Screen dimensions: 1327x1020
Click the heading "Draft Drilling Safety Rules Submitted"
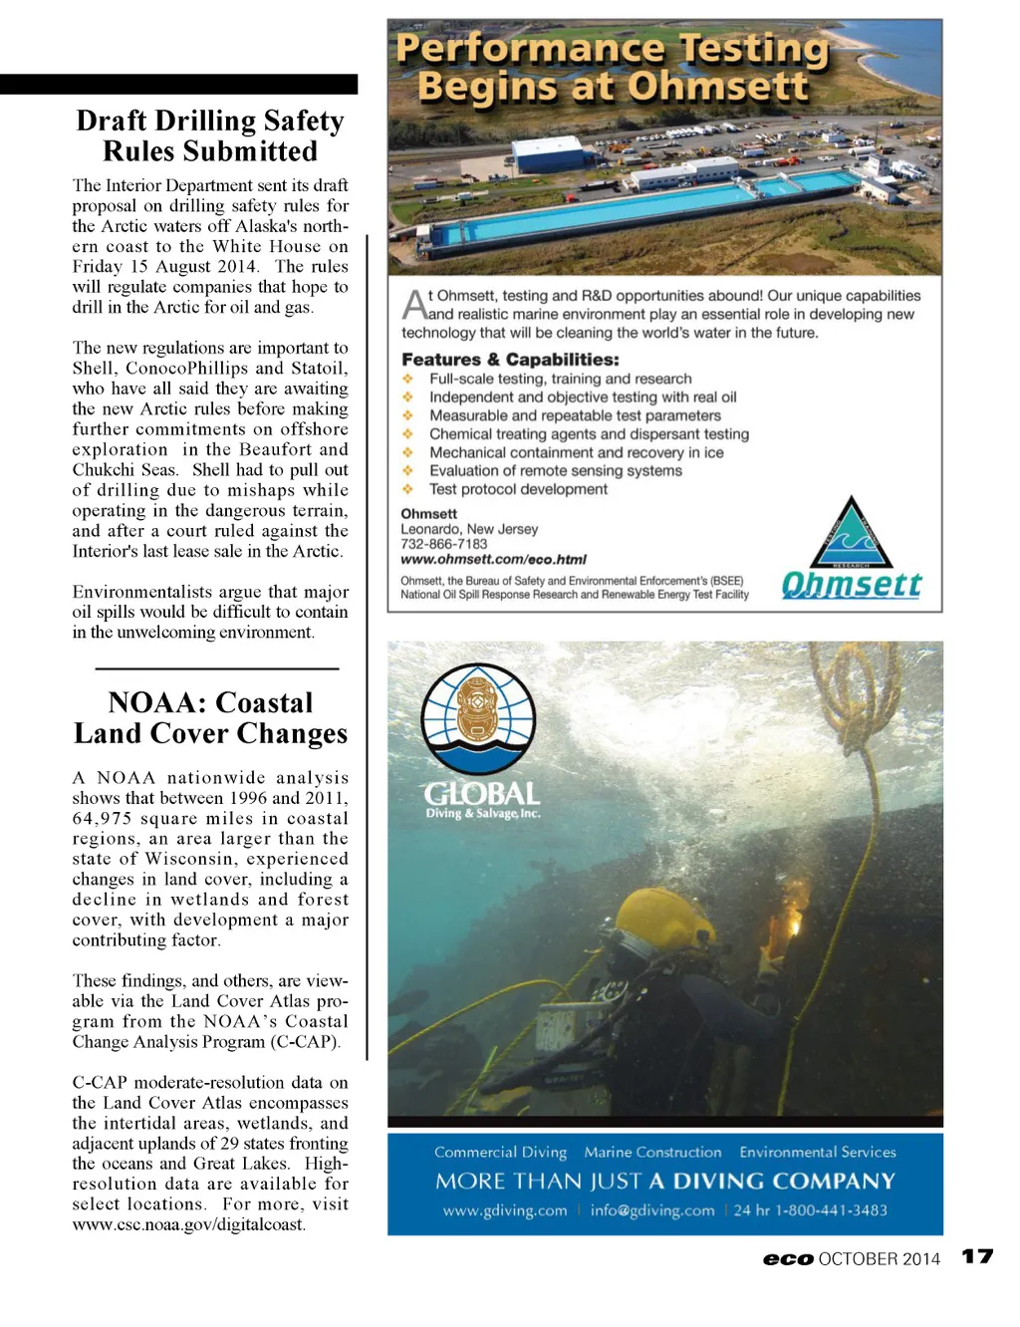click(x=210, y=136)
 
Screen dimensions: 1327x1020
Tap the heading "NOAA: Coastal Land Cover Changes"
click(x=210, y=718)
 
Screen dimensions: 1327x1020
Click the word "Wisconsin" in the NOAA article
click(x=191, y=859)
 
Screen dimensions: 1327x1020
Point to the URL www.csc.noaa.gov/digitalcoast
click(x=188, y=1224)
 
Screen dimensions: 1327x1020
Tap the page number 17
click(x=977, y=1256)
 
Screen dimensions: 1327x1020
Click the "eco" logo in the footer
click(x=788, y=1259)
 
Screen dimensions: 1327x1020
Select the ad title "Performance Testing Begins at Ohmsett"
click(x=613, y=68)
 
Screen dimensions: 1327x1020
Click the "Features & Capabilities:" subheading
click(x=510, y=360)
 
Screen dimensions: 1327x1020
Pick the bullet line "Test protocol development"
click(x=518, y=489)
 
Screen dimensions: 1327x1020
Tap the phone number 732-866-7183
click(x=444, y=544)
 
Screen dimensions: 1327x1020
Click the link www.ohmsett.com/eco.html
click(x=493, y=560)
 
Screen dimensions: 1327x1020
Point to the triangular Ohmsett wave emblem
click(x=850, y=536)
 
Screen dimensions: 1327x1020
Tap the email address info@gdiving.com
click(x=652, y=1210)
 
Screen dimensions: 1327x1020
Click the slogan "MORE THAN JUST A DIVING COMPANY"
click(x=664, y=1182)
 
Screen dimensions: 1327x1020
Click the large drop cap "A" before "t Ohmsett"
click(x=413, y=305)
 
